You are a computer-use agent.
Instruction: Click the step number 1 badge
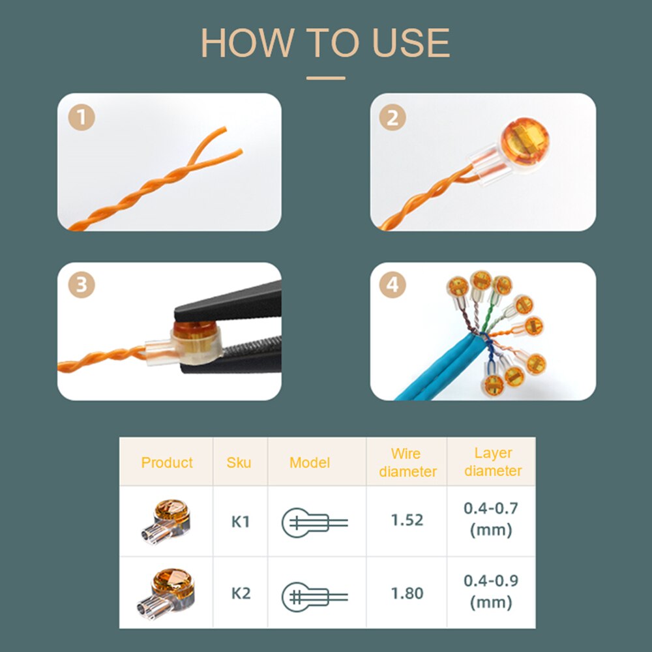(81, 117)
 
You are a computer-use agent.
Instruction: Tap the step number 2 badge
(393, 117)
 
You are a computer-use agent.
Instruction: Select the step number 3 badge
(81, 285)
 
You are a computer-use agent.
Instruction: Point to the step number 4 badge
(393, 285)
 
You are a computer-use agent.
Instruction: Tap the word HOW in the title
(248, 43)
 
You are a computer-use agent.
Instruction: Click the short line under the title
(325, 78)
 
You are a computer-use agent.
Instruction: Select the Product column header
(167, 462)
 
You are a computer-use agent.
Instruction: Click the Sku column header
(239, 462)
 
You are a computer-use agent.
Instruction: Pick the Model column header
(310, 462)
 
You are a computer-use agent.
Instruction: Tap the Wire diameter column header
(407, 462)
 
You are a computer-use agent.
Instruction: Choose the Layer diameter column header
(493, 462)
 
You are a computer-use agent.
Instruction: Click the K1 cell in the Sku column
(241, 522)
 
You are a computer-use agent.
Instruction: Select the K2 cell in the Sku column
(241, 593)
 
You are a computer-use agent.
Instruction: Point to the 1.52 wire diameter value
(407, 520)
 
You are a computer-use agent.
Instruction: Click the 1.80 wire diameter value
(407, 593)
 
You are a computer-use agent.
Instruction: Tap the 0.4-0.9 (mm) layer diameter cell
(491, 591)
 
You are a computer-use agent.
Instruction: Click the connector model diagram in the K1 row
(315, 523)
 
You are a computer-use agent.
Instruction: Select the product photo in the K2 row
(166, 594)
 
